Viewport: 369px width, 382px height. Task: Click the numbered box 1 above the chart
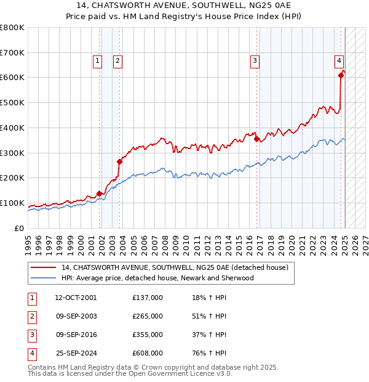tap(97, 60)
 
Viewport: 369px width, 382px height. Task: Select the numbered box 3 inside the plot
tap(254, 60)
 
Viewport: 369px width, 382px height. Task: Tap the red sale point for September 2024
tap(340, 75)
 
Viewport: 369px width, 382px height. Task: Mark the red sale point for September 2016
tap(256, 139)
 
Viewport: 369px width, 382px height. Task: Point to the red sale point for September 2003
tap(120, 161)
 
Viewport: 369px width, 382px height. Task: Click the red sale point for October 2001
tap(99, 193)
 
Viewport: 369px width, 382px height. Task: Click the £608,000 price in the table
tap(148, 353)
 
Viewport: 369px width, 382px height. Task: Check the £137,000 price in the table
tap(148, 298)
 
